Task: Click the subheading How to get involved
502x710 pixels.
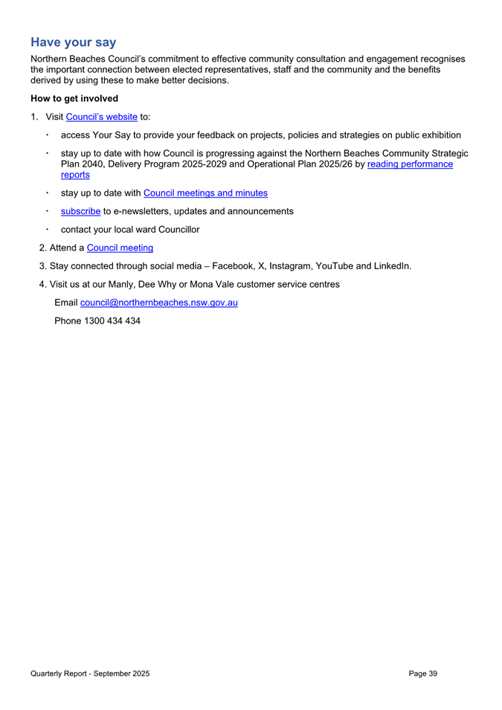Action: point(74,97)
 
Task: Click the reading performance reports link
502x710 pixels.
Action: point(410,164)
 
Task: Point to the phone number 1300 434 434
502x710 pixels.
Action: point(112,320)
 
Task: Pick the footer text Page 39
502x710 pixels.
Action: point(422,673)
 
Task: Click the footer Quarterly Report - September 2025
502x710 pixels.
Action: point(90,673)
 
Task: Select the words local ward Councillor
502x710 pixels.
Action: point(155,230)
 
